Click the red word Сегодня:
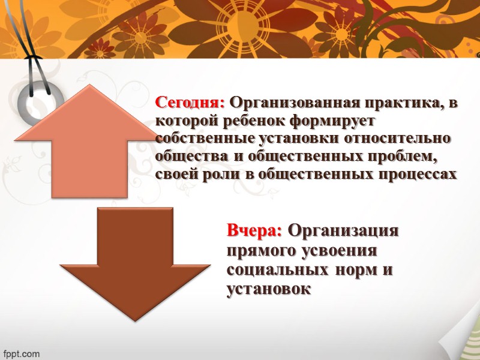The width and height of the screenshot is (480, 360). [x=190, y=103]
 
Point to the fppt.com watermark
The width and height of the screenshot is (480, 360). [x=20, y=353]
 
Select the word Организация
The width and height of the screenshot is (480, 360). [x=344, y=231]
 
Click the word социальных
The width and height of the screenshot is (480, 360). [x=275, y=269]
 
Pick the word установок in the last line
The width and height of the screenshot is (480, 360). [x=269, y=289]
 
